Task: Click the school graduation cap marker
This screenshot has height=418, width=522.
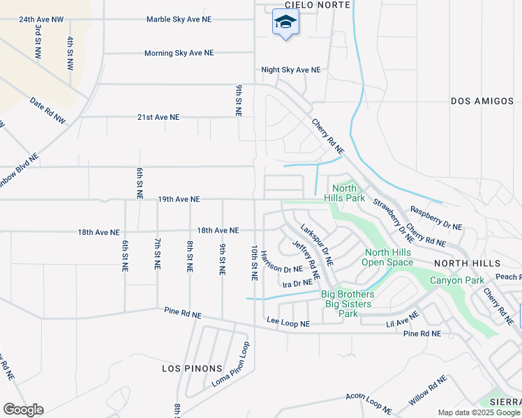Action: point(285,23)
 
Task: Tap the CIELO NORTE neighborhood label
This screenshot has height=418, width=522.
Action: point(296,4)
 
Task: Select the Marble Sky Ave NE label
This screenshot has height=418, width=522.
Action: point(179,20)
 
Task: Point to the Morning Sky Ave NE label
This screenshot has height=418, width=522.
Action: point(179,53)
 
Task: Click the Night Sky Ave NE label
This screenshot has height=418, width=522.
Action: point(291,70)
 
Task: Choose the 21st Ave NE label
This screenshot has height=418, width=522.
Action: point(158,118)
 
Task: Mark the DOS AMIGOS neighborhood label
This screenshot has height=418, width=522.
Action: point(482,101)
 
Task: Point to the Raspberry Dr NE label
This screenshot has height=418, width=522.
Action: point(436,217)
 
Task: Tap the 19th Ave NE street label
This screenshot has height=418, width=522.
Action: point(179,199)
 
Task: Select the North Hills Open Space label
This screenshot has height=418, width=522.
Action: point(389,258)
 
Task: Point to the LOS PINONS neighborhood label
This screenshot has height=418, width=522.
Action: point(192,369)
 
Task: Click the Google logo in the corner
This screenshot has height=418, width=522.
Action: point(23,410)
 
